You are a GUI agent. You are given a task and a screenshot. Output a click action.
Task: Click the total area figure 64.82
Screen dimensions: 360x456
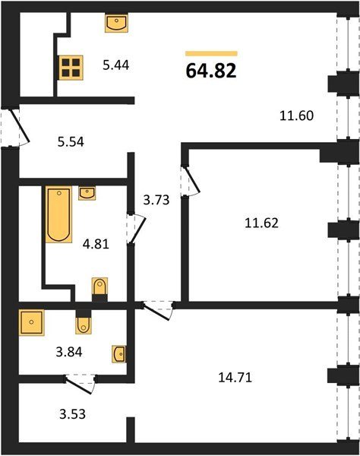point(211,71)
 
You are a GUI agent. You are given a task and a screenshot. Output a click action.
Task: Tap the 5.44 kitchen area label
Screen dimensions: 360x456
point(116,65)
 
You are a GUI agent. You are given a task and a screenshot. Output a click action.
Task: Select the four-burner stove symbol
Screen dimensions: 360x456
point(71,68)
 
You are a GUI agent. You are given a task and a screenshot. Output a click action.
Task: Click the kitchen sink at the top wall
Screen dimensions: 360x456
point(116,23)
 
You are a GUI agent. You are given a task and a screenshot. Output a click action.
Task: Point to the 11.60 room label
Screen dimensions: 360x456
point(297,116)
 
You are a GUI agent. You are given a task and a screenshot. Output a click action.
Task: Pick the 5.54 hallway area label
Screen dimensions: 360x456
point(71,141)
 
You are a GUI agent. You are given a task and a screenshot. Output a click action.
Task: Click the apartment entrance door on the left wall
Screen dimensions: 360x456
point(15,128)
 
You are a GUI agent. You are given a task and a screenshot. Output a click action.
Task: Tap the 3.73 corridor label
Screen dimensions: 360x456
point(156,200)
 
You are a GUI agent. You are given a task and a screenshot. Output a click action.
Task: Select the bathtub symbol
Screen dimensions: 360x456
point(58,214)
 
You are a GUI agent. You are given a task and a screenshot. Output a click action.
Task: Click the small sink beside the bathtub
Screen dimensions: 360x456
point(87,193)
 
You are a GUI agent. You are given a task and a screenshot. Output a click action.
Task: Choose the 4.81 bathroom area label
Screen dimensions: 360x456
point(96,244)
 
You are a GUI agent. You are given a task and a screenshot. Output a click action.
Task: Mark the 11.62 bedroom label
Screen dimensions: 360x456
point(261,223)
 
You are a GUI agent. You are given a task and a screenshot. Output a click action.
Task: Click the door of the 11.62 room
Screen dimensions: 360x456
point(190,181)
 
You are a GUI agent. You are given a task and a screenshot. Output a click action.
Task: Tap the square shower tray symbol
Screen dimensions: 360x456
point(32,322)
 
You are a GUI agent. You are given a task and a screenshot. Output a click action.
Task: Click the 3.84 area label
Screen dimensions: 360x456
point(69,352)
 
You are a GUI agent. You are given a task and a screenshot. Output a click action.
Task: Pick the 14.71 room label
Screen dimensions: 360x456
point(235,377)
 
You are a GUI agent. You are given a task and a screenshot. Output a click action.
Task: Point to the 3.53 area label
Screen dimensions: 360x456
point(72,414)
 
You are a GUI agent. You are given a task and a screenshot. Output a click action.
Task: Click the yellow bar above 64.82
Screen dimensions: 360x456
point(212,53)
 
